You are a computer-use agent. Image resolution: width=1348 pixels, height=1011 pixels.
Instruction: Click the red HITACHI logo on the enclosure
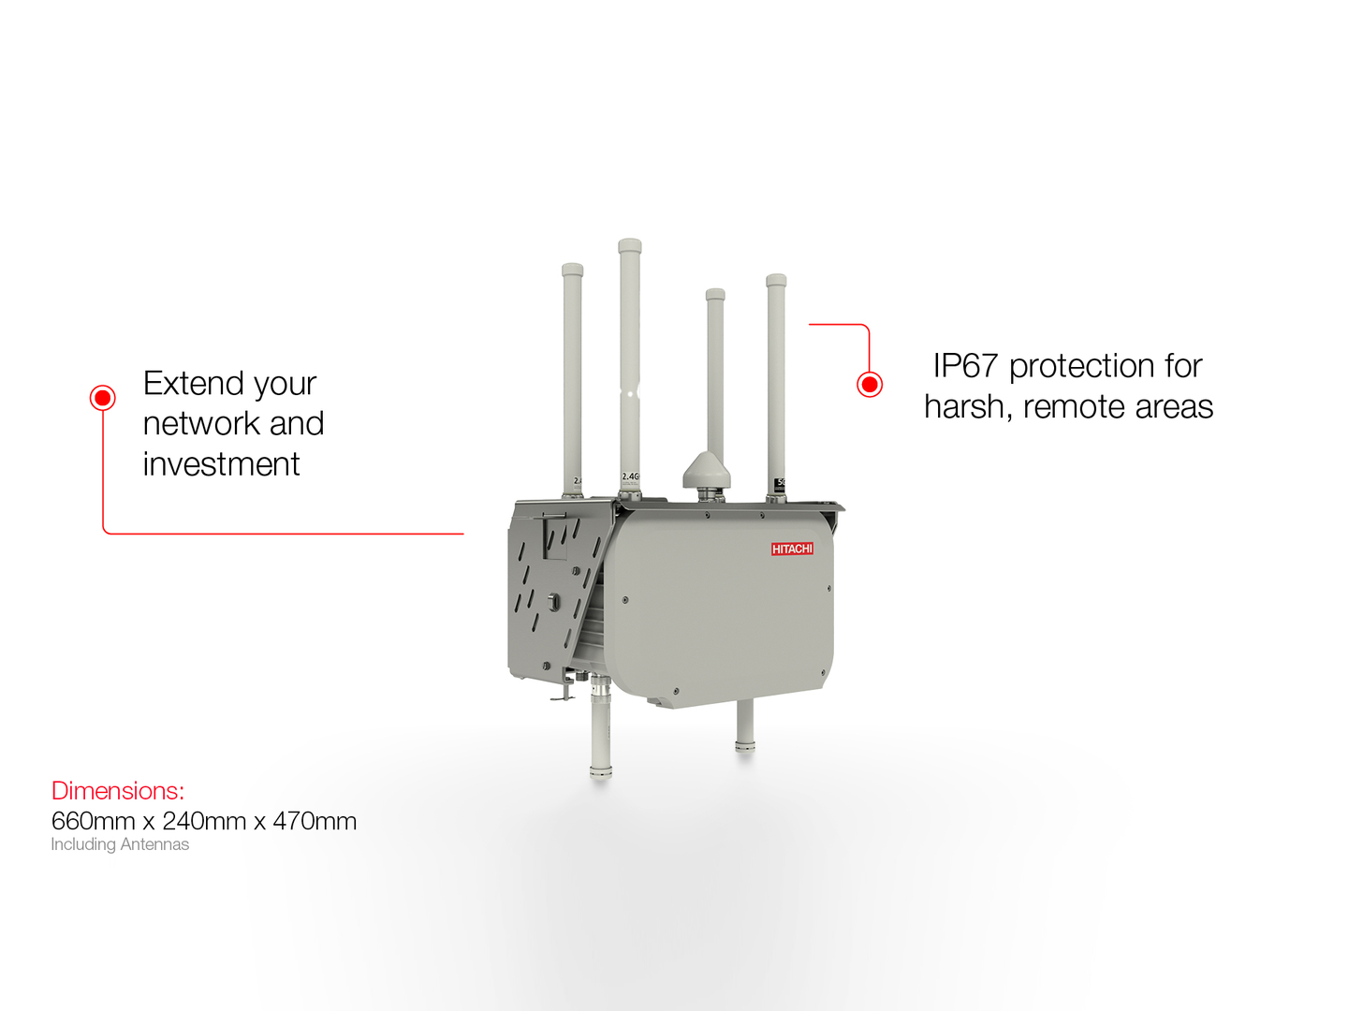coord(792,549)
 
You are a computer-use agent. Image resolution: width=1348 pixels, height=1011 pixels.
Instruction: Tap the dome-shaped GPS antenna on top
coord(706,470)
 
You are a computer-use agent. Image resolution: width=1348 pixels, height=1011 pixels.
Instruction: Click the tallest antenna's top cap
coord(629,246)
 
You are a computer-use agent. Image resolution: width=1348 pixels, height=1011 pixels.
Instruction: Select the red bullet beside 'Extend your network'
coord(102,398)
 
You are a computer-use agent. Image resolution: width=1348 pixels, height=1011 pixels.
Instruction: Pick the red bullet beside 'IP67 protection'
coord(870,384)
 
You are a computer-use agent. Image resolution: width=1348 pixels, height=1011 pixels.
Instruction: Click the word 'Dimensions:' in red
coord(118,791)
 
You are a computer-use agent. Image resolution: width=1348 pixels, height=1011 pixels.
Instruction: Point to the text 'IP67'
coord(965,366)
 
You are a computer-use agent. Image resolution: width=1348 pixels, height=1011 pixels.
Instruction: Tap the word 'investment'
coord(221,464)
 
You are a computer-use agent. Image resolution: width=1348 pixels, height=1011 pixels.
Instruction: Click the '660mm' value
coord(93,821)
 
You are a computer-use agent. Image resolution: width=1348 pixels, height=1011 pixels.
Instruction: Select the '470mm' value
coord(315,821)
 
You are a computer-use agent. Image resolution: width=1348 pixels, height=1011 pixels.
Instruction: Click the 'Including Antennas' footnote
coord(120,844)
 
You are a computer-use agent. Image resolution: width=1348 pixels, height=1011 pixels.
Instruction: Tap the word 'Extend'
coord(193,384)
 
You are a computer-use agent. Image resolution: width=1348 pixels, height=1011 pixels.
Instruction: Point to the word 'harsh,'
coord(968,407)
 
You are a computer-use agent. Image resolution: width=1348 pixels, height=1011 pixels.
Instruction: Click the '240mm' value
coord(204,821)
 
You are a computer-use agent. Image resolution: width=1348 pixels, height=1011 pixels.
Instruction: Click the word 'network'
coord(200,424)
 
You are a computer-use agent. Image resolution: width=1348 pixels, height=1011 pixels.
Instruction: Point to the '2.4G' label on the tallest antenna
coord(630,476)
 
